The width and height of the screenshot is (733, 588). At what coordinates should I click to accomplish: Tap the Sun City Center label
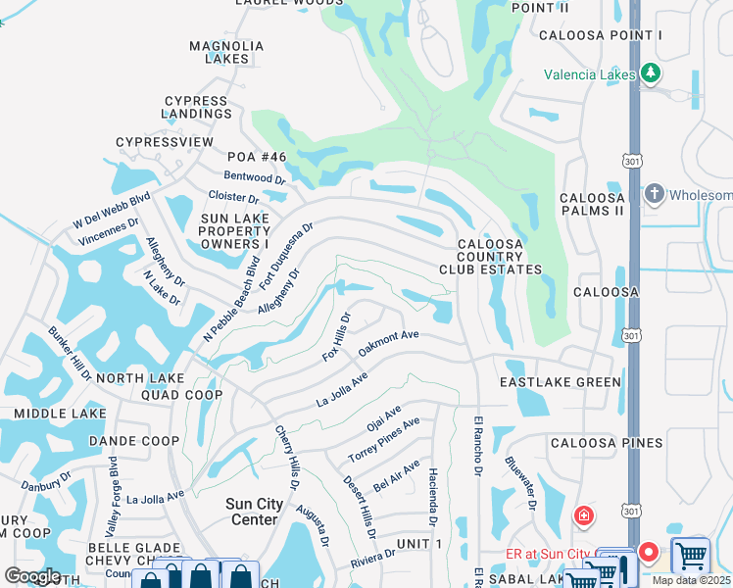tap(255, 512)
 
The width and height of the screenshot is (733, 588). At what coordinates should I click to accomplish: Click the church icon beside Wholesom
tap(656, 194)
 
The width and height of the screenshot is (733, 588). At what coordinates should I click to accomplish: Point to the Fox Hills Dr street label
tap(336, 337)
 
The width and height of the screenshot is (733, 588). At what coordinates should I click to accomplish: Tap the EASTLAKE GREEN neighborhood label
tap(561, 382)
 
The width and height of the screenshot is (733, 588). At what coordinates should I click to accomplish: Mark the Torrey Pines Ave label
tap(384, 442)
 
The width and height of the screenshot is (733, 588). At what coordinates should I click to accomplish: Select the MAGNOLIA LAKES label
tap(227, 52)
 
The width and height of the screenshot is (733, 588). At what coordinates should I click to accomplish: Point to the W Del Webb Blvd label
tap(113, 211)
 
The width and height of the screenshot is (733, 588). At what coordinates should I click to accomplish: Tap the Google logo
tap(32, 576)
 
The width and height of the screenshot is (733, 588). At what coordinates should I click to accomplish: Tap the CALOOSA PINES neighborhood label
tap(607, 443)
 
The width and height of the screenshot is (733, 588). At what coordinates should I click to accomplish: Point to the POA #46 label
tap(256, 157)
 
